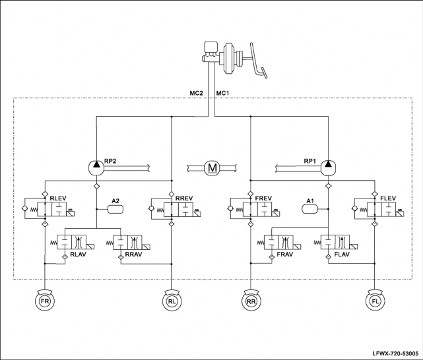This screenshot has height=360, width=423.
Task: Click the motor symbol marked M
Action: (212, 168)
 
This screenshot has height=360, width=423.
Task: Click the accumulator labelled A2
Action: (115, 209)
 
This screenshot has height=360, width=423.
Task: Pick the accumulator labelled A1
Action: (309, 209)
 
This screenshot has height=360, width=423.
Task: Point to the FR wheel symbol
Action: (45, 301)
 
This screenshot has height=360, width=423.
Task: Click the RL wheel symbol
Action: (172, 301)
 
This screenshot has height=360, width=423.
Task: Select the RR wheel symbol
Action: (251, 301)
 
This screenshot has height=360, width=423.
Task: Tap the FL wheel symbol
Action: (375, 301)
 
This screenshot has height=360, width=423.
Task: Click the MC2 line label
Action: (197, 93)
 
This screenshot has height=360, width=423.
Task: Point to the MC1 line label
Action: (223, 93)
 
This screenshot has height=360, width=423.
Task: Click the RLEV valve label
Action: (58, 198)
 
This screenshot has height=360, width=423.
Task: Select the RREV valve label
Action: (184, 198)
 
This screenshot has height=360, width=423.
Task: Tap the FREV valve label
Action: (263, 198)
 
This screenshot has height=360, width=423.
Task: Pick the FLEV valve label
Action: (388, 198)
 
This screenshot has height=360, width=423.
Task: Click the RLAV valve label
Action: (78, 254)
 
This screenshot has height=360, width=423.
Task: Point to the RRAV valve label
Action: (133, 254)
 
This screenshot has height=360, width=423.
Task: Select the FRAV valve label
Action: (285, 254)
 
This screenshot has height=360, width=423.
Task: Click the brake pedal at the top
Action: (257, 61)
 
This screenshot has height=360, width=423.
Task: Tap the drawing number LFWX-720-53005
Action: (395, 353)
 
